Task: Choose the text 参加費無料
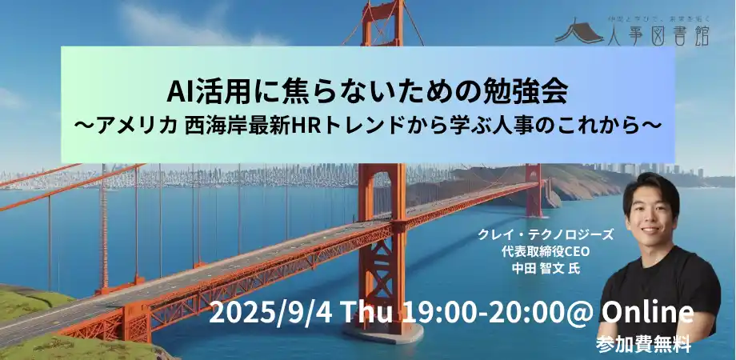click(642, 345)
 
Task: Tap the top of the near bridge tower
click(382, 16)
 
